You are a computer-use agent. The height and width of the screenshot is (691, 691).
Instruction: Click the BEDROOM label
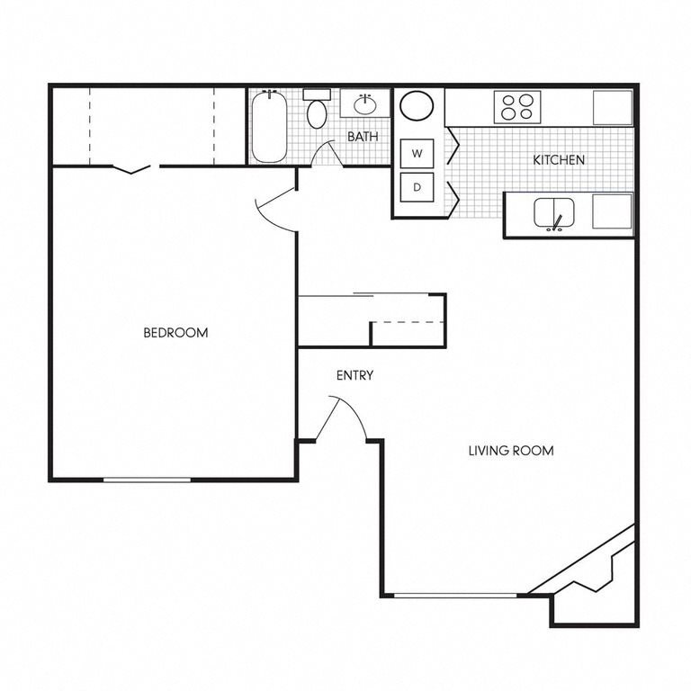coord(175,333)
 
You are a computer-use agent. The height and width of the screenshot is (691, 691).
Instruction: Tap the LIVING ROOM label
coord(510,450)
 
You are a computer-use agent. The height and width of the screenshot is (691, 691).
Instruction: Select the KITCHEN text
coord(559,160)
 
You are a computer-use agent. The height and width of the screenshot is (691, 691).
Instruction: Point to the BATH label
coord(363,137)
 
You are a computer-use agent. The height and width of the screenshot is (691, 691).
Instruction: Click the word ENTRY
coord(354,376)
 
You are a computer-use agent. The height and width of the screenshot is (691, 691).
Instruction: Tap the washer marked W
coord(417,154)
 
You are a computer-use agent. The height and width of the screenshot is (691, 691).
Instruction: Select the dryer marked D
coord(417,187)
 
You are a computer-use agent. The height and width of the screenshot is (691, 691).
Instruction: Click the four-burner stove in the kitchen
coord(519,108)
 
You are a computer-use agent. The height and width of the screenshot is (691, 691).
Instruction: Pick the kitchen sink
coord(554,214)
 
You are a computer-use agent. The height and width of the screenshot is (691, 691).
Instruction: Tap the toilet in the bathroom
coord(317,112)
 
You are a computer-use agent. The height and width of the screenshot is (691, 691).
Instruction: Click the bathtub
coord(268,129)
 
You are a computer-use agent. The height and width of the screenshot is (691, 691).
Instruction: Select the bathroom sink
coord(365,104)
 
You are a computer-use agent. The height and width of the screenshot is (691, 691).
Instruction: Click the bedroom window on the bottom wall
coord(147,480)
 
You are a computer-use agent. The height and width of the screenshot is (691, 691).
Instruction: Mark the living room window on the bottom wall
coord(456,594)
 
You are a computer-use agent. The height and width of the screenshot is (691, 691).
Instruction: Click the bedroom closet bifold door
coord(137,167)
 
